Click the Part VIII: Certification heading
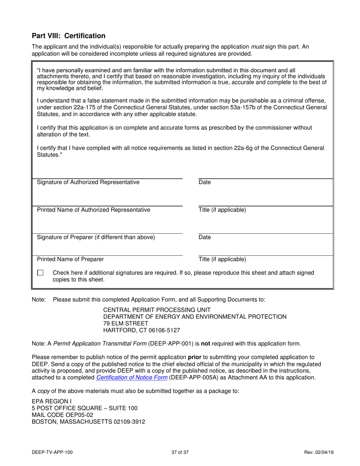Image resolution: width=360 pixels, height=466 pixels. pos(69,36)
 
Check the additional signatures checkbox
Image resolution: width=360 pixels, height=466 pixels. pos(41,273)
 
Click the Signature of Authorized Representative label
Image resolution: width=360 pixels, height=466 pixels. pos(88,182)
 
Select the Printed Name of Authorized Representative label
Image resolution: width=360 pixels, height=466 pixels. pos(93,210)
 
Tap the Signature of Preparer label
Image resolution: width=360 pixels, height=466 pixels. pos(96,238)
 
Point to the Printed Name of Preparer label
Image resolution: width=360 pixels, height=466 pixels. pos(70,260)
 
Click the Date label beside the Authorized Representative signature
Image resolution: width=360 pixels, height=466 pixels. pos(205,182)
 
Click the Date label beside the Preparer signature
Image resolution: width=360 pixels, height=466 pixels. pos(205,238)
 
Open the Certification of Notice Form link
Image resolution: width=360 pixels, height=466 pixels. pos(132,378)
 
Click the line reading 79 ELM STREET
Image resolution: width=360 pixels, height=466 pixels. pos(125,324)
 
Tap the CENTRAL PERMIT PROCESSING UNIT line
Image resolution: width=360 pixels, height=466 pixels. pos(157,310)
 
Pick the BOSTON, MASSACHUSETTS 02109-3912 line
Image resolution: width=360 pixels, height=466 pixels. pos(88,422)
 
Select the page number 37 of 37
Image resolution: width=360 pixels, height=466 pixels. pos(180,452)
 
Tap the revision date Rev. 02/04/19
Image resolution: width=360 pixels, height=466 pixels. pos(319,452)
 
